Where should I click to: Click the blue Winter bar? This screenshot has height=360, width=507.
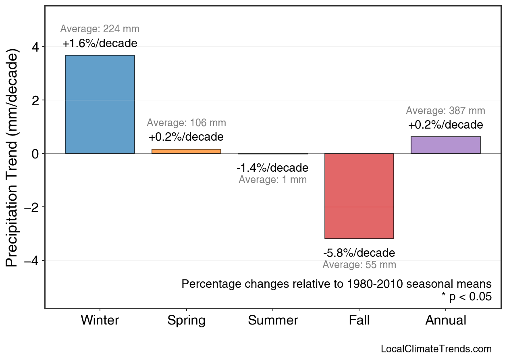tap(100, 104)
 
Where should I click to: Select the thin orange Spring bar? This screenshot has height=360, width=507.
tap(186, 151)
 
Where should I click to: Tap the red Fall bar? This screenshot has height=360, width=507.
tap(359, 196)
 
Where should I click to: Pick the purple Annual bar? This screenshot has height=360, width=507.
tap(445, 145)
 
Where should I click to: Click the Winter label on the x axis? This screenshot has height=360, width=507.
tap(100, 320)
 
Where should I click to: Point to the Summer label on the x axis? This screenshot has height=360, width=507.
tap(273, 320)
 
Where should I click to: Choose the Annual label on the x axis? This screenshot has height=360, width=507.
tap(446, 320)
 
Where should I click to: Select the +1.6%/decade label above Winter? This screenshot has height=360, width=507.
tap(100, 44)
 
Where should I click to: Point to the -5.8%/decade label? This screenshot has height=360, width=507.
tap(359, 253)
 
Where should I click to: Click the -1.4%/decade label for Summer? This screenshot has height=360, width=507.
tap(273, 168)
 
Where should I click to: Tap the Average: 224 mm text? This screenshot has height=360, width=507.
tap(100, 29)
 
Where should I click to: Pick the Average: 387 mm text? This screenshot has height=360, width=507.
tap(445, 111)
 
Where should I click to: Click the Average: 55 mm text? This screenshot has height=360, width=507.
tap(359, 265)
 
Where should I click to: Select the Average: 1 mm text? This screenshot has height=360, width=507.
tap(273, 180)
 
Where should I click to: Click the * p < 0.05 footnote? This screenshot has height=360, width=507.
tap(466, 297)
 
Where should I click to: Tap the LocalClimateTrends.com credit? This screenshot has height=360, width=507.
tap(436, 349)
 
